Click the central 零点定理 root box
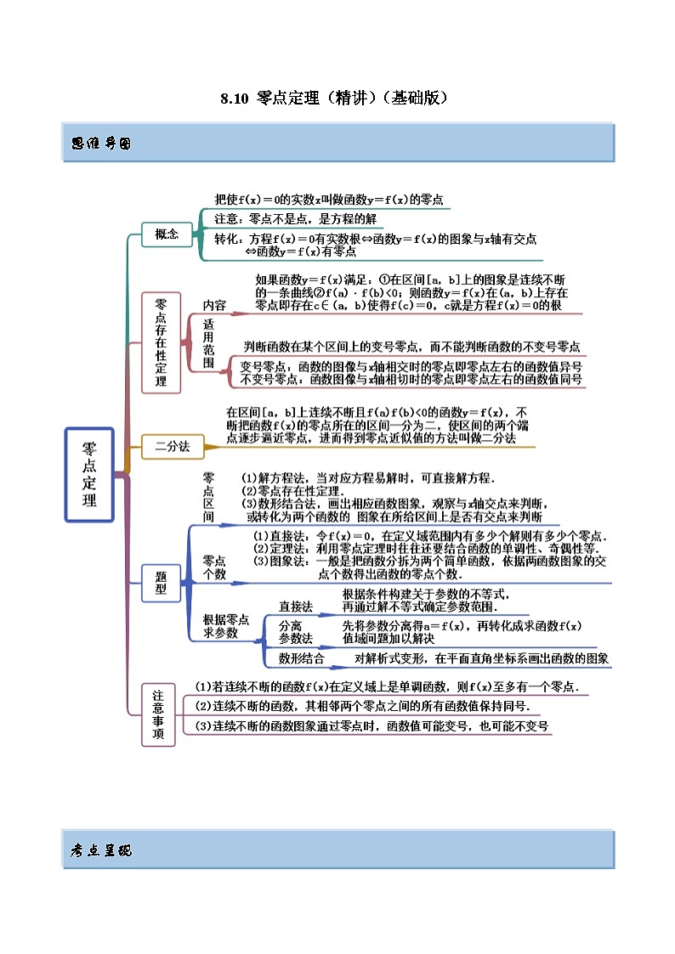89,474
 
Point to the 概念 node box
167,235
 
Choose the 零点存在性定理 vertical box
161,342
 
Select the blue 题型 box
161,582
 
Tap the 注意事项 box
158,714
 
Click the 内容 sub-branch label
214,305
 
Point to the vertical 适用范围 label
208,342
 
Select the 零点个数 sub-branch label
214,567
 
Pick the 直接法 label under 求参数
296,607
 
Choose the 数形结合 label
301,658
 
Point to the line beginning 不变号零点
411,380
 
